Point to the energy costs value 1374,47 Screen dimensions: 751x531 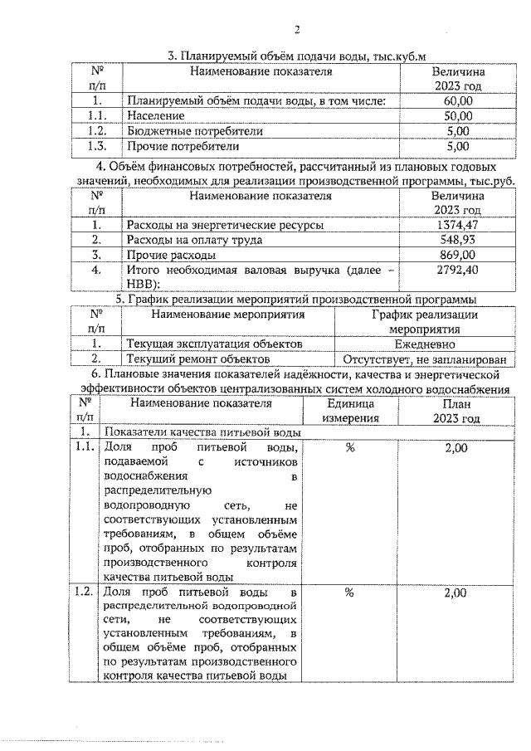(457, 225)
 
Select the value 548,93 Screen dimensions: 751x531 (457, 240)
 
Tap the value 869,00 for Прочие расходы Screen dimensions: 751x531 (457, 255)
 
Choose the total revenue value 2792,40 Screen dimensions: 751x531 (457, 270)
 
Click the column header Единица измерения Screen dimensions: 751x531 (350, 411)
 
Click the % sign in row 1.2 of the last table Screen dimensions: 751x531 (350, 593)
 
